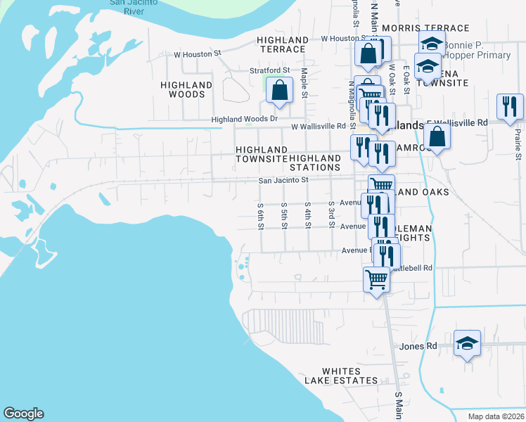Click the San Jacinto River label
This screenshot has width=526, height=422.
click(x=137, y=6)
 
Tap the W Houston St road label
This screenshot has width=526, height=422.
click(x=198, y=53)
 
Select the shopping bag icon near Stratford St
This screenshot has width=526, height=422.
click(x=280, y=91)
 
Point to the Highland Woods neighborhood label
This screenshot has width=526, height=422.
click(x=186, y=89)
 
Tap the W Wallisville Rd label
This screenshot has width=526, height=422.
click(x=319, y=127)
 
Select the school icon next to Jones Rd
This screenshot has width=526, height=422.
click(x=467, y=344)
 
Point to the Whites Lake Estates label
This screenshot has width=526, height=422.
click(x=341, y=376)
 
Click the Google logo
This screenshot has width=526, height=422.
click(x=23, y=414)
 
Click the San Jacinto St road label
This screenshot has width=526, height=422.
click(x=283, y=180)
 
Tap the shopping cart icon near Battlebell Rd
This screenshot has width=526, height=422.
click(x=376, y=279)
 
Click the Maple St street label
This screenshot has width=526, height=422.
click(x=304, y=83)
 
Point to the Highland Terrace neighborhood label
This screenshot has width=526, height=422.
click(x=282, y=45)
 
